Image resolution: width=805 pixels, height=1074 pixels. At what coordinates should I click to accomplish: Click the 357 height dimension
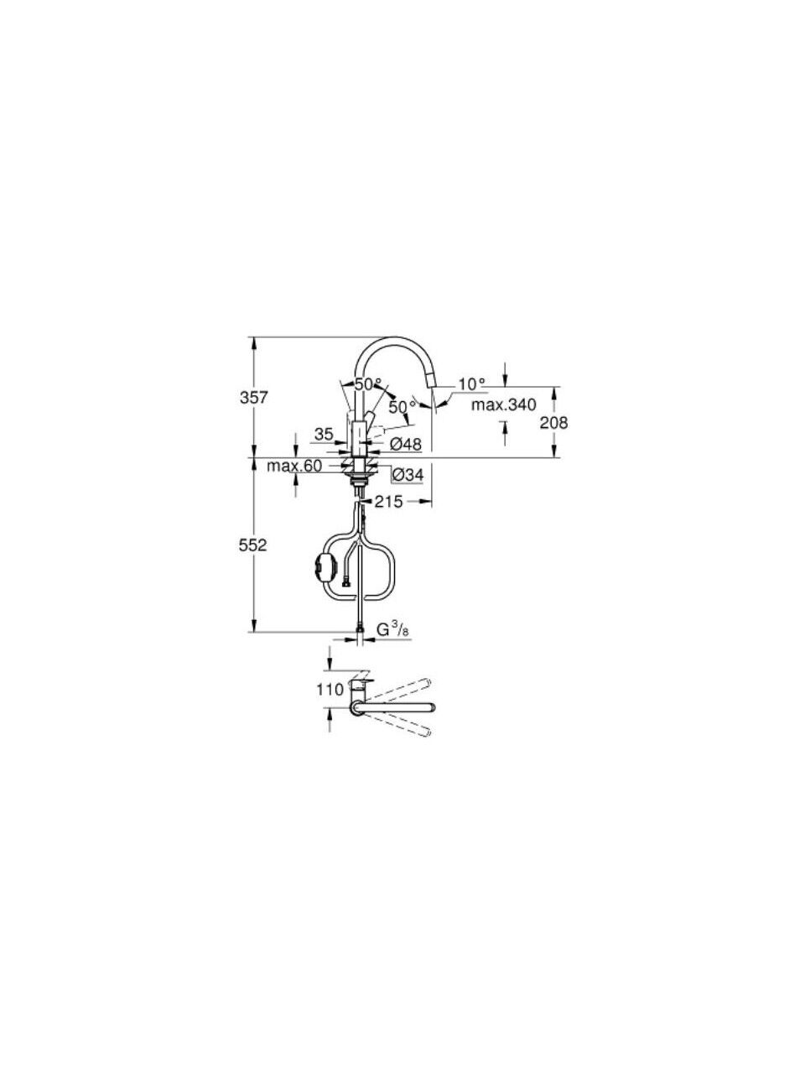click(x=254, y=398)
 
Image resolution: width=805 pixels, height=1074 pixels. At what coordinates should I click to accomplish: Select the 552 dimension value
click(x=252, y=545)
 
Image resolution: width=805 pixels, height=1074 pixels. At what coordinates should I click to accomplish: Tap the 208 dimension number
click(x=553, y=422)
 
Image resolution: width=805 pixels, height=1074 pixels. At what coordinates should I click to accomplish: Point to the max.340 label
click(x=504, y=404)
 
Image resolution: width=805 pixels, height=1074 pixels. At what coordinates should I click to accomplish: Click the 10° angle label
click(x=472, y=384)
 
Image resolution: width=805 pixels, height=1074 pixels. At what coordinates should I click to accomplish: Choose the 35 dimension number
click(x=324, y=434)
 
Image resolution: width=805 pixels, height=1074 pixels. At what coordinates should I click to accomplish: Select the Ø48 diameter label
click(x=406, y=444)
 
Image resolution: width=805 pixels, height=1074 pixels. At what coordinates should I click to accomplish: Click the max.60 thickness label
click(x=294, y=467)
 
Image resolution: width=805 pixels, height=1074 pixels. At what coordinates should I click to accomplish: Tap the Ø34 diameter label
click(x=408, y=474)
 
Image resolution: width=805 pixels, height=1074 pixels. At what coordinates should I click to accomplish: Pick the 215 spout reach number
click(x=388, y=502)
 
